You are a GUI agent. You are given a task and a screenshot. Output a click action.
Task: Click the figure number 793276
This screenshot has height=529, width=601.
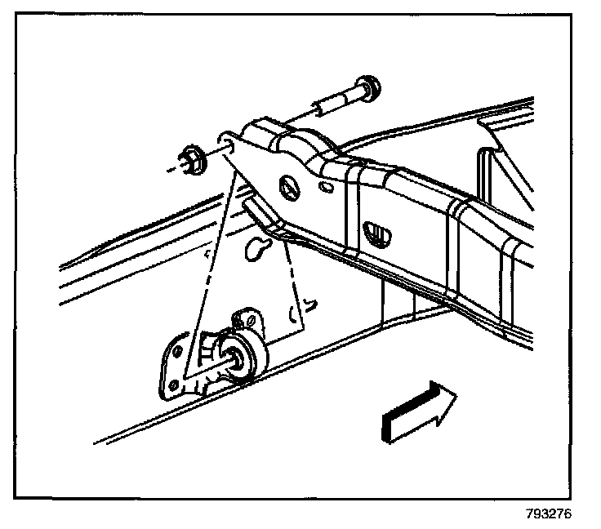click(549, 515)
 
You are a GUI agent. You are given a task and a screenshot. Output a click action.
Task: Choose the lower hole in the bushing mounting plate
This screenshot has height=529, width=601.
click(172, 382)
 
